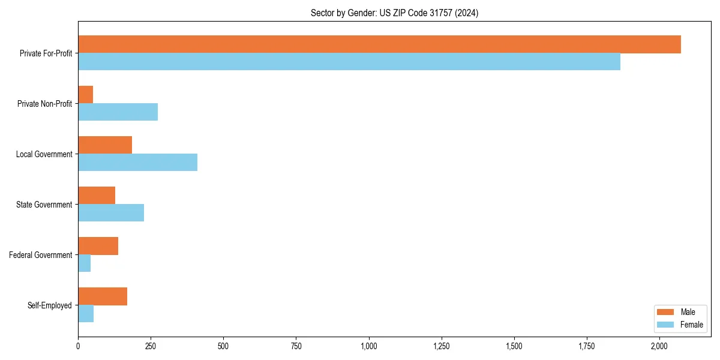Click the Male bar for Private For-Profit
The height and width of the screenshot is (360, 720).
point(379,44)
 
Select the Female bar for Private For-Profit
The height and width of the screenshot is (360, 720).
point(349,62)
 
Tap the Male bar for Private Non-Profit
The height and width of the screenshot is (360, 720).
point(86,95)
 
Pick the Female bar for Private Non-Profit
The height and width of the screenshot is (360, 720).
point(118,112)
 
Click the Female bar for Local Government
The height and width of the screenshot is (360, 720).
point(138,163)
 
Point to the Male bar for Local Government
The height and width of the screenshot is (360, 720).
point(105,145)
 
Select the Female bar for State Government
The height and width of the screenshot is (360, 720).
point(111,213)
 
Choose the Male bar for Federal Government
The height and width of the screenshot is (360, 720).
point(98,246)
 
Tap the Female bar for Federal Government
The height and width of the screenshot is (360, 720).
point(85,263)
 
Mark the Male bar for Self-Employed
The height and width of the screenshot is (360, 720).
point(103,296)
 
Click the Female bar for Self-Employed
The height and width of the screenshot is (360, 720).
point(86,314)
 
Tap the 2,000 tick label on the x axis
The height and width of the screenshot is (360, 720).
point(659,347)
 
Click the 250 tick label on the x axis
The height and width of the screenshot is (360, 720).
point(151,347)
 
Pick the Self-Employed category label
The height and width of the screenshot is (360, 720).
point(50,305)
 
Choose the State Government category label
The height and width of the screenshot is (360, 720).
point(44,205)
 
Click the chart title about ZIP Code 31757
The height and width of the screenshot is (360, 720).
point(394,13)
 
